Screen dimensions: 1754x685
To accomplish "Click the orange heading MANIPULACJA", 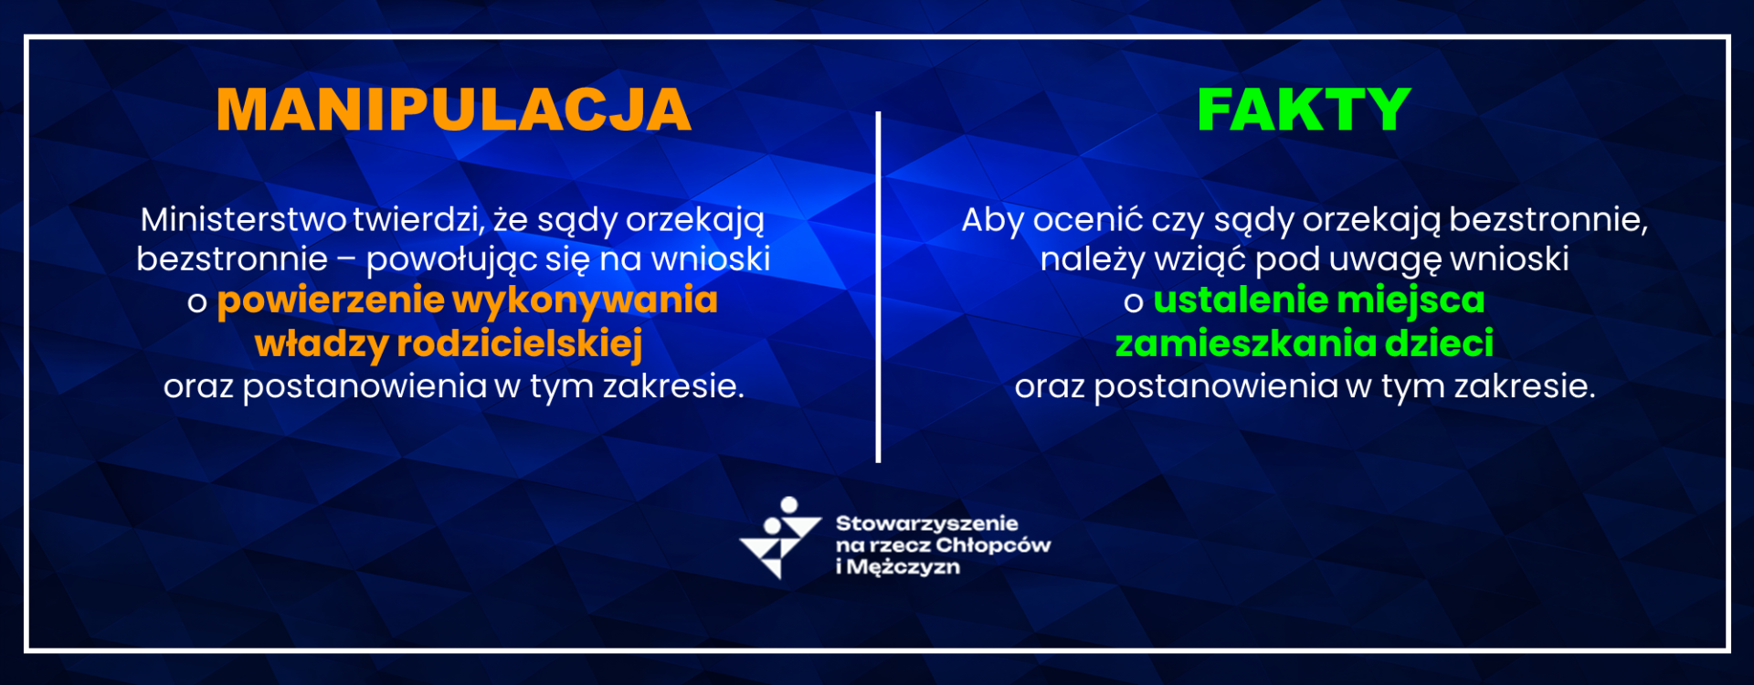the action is tap(453, 111).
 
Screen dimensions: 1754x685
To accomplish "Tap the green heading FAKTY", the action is tap(1304, 111).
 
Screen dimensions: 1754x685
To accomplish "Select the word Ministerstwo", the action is tap(244, 220).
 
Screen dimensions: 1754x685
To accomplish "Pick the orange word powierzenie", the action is tap(331, 301).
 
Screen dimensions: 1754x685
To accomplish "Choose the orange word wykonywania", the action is tap(586, 301).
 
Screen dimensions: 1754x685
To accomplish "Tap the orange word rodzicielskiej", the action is tap(520, 344).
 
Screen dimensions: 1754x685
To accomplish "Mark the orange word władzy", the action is tap(322, 344).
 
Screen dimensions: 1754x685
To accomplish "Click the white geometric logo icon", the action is tap(779, 537).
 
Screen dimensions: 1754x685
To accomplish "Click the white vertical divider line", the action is tap(878, 287).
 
